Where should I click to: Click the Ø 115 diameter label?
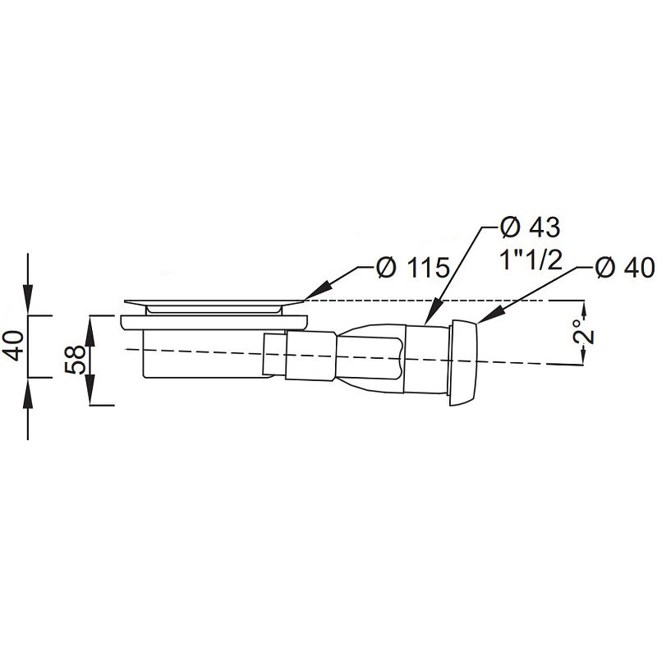pyautogui.click(x=412, y=268)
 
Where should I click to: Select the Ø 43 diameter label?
pyautogui.click(x=530, y=228)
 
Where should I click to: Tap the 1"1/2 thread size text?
pyautogui.click(x=531, y=260)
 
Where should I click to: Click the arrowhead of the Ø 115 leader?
pyautogui.click(x=315, y=292)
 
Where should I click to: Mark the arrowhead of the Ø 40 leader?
pyautogui.click(x=489, y=315)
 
